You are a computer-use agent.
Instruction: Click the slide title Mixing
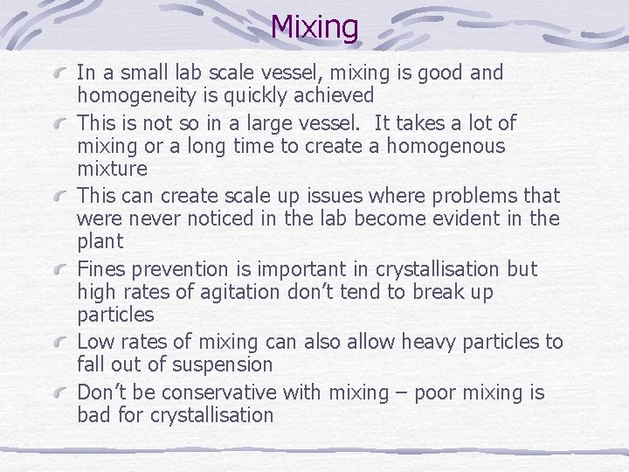314,27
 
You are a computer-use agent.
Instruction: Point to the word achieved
333,95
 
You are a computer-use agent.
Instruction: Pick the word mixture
112,168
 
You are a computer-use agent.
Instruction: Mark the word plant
100,241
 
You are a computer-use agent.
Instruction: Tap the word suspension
223,364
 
